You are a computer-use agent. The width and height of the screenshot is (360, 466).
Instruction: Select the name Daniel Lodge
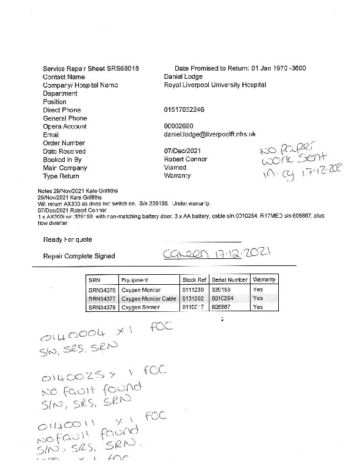pos(183,76)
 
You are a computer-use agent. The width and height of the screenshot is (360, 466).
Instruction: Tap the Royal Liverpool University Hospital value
pos(215,85)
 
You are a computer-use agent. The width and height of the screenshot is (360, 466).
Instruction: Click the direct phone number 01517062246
pos(184,110)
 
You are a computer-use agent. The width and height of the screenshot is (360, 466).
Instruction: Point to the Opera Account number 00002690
pos(178,127)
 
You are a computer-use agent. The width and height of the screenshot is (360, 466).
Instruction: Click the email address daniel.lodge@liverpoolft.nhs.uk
pos(209,135)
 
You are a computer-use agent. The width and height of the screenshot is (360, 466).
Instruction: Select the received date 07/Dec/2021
pos(183,151)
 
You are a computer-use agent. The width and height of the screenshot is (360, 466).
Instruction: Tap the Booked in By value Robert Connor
pos(185,159)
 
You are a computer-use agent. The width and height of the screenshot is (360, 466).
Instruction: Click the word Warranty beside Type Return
pos(178,176)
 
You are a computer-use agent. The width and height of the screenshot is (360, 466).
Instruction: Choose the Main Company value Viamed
pos(175,168)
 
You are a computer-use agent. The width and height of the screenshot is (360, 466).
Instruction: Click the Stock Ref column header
pos(194,280)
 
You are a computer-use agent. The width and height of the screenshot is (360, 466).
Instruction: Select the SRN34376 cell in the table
pos(101,290)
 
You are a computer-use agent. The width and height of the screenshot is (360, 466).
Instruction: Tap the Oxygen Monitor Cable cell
pos(149,298)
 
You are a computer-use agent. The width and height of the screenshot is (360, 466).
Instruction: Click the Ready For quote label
pos(67,239)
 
